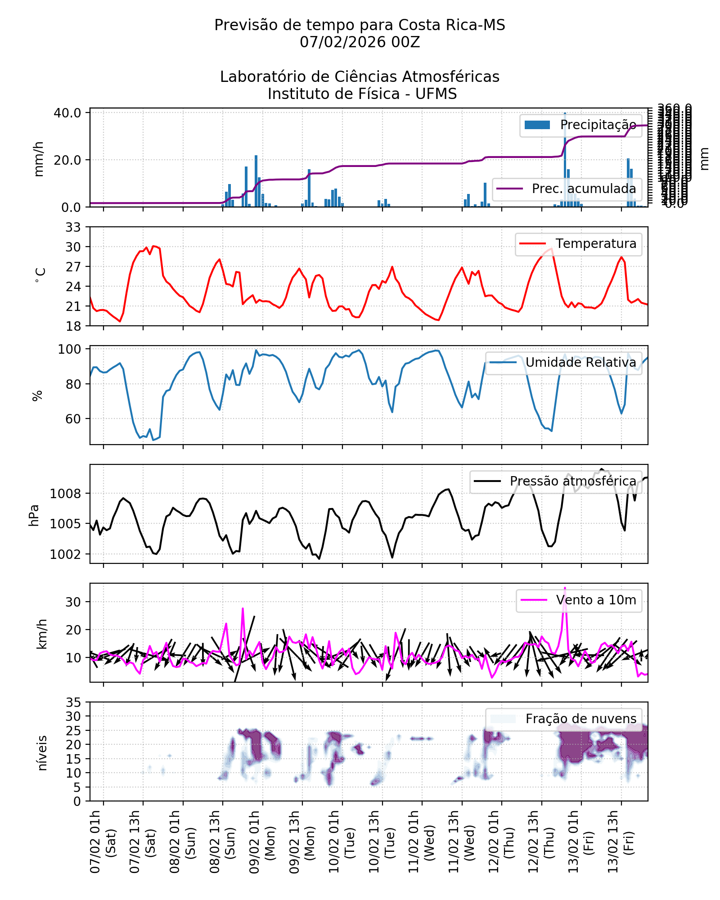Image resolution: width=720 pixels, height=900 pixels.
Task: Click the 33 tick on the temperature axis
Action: [x=73, y=227]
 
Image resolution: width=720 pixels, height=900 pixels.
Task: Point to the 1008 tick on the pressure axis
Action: [x=66, y=494]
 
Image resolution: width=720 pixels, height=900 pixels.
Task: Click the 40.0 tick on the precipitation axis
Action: [x=67, y=113]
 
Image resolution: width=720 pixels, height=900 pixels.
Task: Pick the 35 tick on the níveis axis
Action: [x=73, y=702]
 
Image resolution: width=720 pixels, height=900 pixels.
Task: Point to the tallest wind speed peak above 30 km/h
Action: [x=565, y=588]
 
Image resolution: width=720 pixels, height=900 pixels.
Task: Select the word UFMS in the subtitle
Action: [x=436, y=94]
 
